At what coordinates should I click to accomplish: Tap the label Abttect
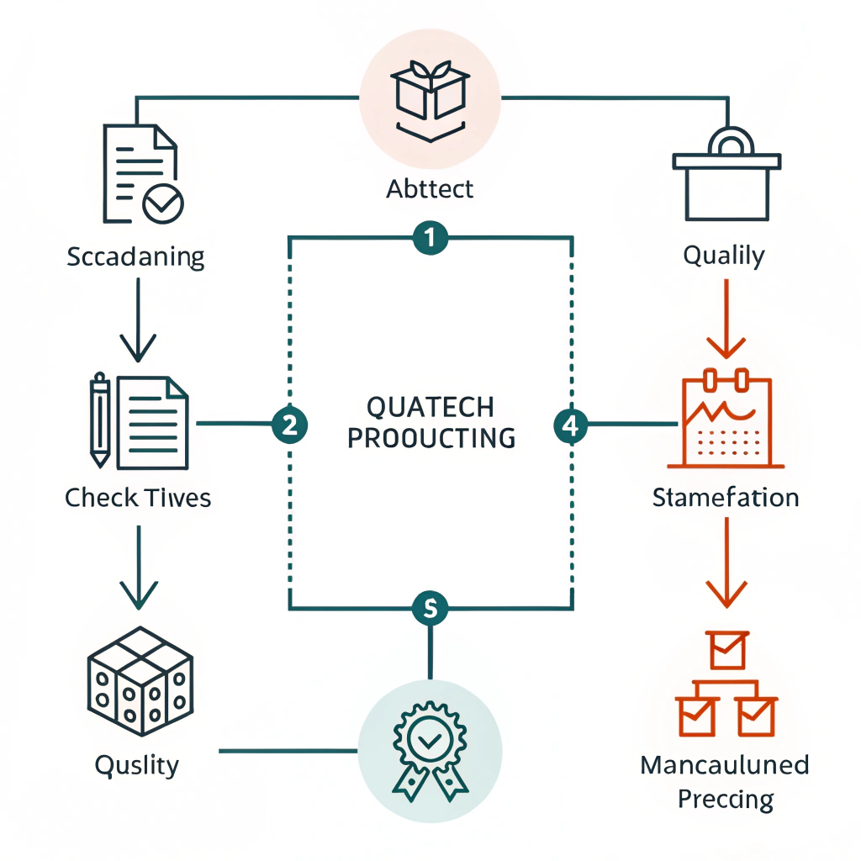tap(430, 189)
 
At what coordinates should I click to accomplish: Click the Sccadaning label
tap(135, 256)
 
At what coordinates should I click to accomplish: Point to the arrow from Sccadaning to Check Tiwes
tap(137, 320)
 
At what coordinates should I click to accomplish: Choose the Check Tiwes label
tap(138, 498)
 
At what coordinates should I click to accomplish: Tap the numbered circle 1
tap(430, 238)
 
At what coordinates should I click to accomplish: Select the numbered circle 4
tap(571, 425)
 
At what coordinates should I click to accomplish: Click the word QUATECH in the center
tap(430, 407)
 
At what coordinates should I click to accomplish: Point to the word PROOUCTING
tap(430, 438)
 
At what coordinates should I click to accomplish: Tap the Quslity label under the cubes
tap(136, 765)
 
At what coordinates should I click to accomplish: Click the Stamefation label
tap(725, 498)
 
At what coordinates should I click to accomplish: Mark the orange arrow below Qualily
tap(725, 319)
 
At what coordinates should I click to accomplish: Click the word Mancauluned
tap(725, 765)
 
